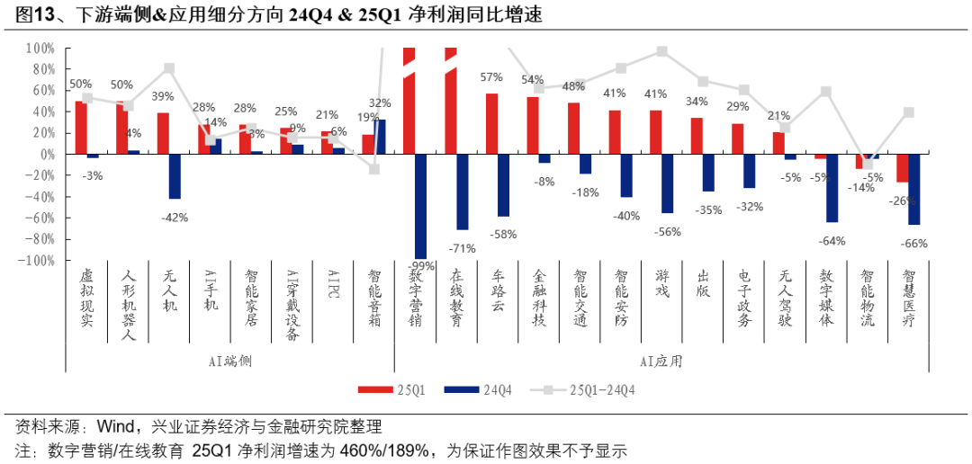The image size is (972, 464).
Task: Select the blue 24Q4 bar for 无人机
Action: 175,176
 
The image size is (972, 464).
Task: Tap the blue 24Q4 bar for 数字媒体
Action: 832,188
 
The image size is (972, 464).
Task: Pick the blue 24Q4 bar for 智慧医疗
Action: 914,189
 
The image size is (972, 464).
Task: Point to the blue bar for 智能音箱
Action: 380,137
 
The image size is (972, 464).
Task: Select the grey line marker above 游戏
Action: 662,51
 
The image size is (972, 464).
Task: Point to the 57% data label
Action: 491,77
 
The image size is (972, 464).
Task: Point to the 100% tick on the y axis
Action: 41,48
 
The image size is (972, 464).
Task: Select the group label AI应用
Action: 661,361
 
